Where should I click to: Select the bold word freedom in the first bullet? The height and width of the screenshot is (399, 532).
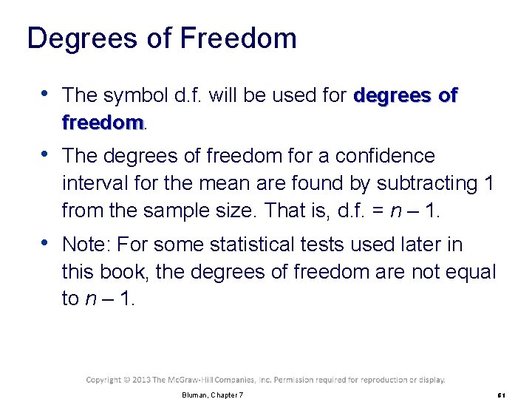coord(102,122)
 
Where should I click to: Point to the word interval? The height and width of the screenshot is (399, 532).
coord(92,183)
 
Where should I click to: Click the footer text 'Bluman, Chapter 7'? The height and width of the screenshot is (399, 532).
coord(212,395)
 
